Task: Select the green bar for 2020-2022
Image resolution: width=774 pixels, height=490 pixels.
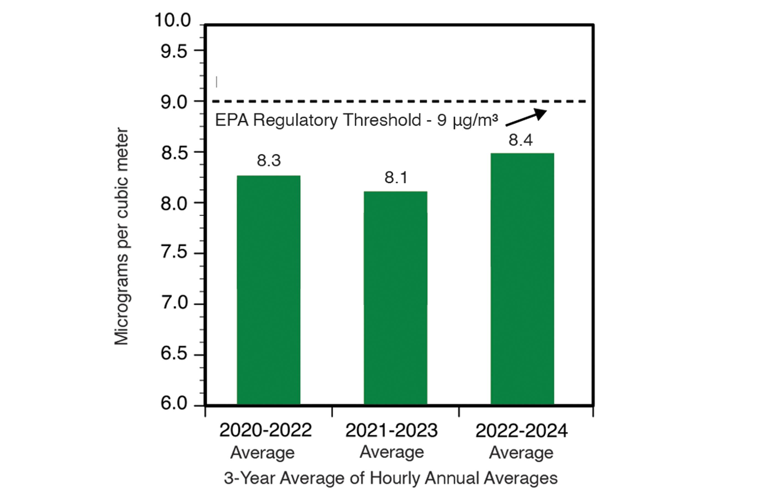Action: (x=268, y=290)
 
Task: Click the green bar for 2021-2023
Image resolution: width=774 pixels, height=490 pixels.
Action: (x=395, y=298)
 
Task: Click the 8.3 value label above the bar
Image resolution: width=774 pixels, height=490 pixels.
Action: (x=269, y=160)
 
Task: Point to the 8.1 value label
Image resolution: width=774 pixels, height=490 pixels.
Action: (x=396, y=177)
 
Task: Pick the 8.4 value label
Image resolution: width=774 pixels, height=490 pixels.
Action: (x=521, y=140)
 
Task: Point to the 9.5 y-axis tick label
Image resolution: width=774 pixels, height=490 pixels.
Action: (x=174, y=51)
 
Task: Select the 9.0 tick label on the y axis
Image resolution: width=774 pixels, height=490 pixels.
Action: (x=174, y=102)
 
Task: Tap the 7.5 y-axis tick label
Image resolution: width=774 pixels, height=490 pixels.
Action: (x=174, y=252)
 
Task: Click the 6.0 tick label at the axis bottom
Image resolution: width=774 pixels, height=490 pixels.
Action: (x=174, y=403)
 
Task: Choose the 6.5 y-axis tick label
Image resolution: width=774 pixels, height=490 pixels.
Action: (x=174, y=354)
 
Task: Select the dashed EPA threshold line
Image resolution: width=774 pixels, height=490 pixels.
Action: (x=354, y=101)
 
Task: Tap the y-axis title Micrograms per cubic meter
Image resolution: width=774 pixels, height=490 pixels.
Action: (x=122, y=237)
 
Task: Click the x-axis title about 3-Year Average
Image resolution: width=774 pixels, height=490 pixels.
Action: (x=391, y=478)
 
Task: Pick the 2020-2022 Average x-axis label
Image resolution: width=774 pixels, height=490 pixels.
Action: (x=265, y=441)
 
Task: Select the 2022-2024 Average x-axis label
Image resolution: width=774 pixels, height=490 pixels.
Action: (x=521, y=441)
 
